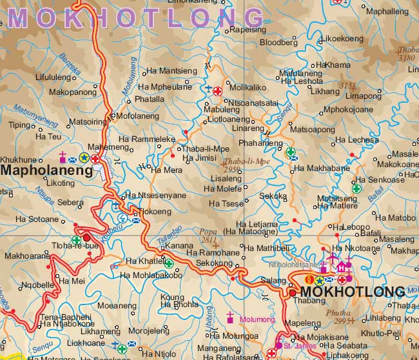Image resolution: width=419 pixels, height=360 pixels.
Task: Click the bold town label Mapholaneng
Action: pyautogui.click(x=47, y=171)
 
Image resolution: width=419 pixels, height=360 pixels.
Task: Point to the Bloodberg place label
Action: pyautogui.click(x=278, y=43)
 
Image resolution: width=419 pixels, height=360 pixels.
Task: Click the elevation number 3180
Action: pyautogui.click(x=407, y=57)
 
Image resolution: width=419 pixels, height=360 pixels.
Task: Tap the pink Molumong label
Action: pyautogui.click(x=257, y=319)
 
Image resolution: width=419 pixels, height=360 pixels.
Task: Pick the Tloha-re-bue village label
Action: pyautogui.click(x=76, y=245)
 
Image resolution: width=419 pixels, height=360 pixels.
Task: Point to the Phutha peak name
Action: pyautogui.click(x=338, y=312)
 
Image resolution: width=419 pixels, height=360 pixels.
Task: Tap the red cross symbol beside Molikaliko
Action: pyautogui.click(x=219, y=92)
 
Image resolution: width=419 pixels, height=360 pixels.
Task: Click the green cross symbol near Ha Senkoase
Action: pyautogui.click(x=356, y=188)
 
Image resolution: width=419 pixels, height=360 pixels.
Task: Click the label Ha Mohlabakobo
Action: pyautogui.click(x=151, y=276)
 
